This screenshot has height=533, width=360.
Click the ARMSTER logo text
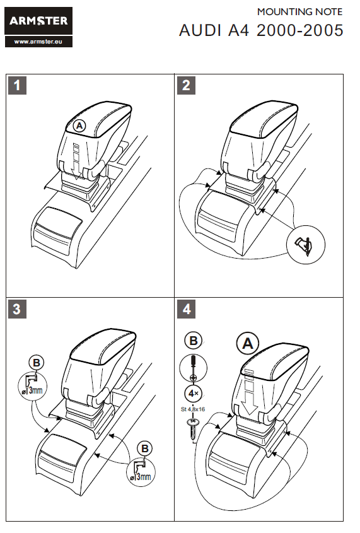pos(38,21)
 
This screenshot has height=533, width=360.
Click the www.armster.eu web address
pos(38,42)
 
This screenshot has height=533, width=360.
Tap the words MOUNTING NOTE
pos(299,12)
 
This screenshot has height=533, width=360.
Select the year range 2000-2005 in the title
pos(300,30)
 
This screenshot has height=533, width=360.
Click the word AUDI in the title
pos(200,30)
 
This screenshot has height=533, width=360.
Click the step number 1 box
pos(17,85)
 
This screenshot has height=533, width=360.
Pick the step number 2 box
pos(186,85)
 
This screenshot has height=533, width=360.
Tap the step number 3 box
pos(17,309)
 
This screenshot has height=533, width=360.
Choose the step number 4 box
pos(186,309)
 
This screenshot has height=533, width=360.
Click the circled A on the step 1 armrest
pos(79,126)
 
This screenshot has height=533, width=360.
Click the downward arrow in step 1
pos(77,161)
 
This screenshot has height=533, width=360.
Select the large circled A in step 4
pos(248,344)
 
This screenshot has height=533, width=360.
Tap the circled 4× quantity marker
pos(194,394)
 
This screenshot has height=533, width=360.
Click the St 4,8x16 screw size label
pos(193,409)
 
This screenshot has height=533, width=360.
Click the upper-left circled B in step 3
pos(37,363)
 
